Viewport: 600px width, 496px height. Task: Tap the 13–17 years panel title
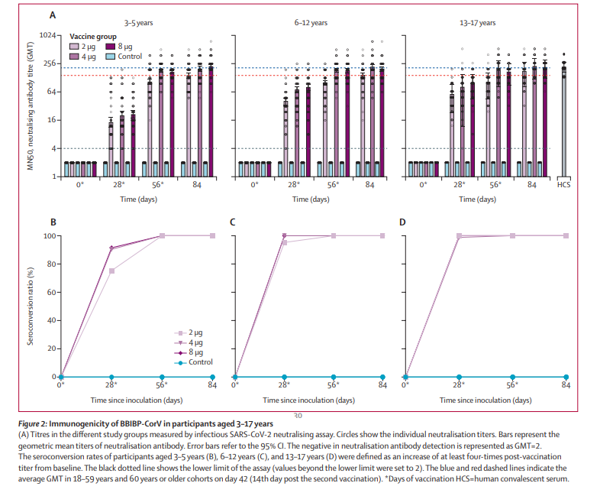pyautogui.click(x=477, y=23)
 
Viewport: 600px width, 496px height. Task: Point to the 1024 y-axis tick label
pyautogui.click(x=48, y=35)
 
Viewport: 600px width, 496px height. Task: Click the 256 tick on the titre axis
pyautogui.click(x=50, y=63)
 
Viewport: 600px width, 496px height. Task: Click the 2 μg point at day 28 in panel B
pyautogui.click(x=112, y=271)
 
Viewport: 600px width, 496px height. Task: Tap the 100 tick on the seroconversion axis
pyautogui.click(x=50, y=235)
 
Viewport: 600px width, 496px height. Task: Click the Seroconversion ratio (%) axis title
pyautogui.click(x=31, y=306)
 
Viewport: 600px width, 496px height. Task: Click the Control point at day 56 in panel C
pyautogui.click(x=333, y=378)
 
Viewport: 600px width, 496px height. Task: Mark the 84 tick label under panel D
pyautogui.click(x=566, y=386)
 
